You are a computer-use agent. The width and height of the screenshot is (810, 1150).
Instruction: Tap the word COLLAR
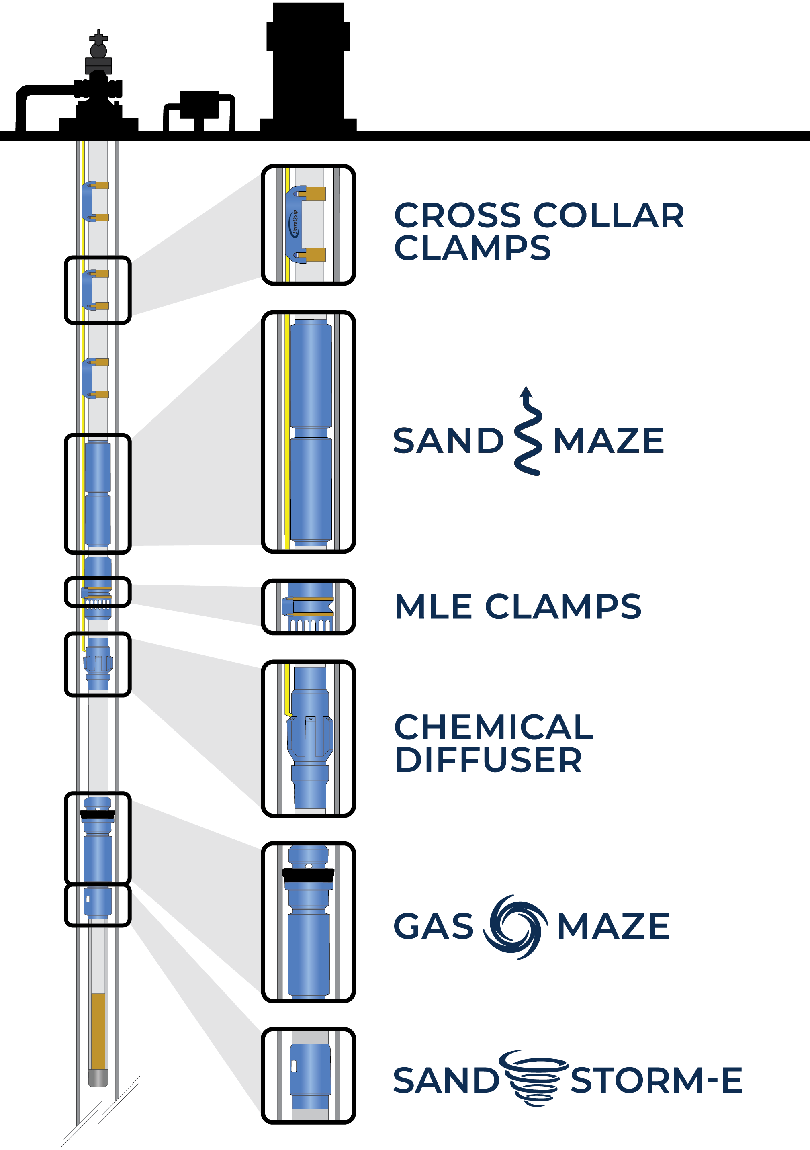(x=609, y=215)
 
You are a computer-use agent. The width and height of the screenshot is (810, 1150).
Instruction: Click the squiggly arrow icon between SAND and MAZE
(x=528, y=431)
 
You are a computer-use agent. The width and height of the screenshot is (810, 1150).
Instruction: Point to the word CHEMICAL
(x=494, y=727)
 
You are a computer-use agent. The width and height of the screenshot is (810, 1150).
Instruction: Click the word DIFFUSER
(x=489, y=760)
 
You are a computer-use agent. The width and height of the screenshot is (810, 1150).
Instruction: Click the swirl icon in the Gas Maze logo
(x=515, y=927)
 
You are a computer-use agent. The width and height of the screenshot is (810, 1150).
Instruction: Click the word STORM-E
(x=657, y=1080)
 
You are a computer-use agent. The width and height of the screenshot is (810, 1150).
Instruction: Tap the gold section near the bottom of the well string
(x=98, y=1032)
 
